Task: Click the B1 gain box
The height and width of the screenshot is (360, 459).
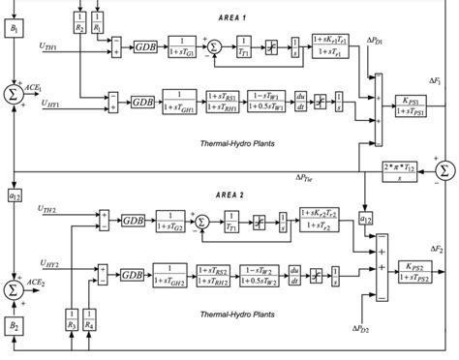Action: tap(15, 31)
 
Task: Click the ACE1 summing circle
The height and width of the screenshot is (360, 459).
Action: tap(15, 92)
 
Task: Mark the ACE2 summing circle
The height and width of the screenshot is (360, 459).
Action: tap(15, 263)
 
